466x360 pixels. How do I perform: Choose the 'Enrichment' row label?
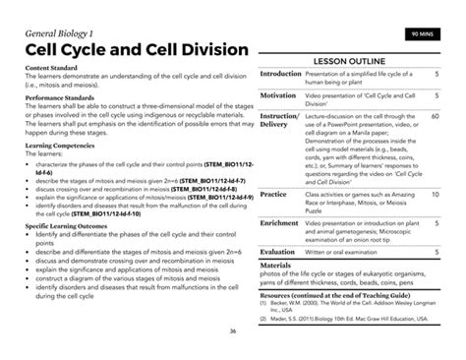click(x=279, y=223)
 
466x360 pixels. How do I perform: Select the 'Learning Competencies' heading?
click(x=61, y=145)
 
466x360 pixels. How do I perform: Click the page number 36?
click(x=233, y=331)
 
